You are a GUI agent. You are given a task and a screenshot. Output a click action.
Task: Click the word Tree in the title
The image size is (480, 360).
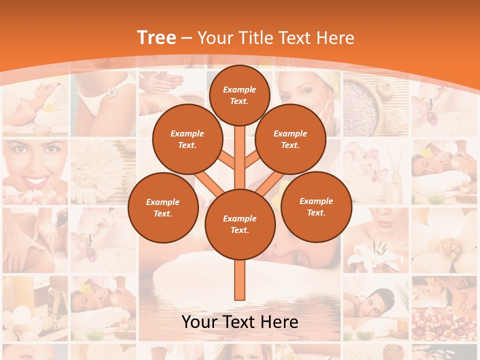(x=156, y=37)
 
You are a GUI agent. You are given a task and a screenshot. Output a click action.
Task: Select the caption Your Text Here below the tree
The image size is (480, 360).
(x=239, y=322)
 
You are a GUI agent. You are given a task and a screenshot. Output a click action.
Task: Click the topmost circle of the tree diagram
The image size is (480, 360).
(x=239, y=95)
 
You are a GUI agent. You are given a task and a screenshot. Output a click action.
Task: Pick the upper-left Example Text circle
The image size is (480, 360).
(x=187, y=139)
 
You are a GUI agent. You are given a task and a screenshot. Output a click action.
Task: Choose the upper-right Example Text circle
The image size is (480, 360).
(x=290, y=139)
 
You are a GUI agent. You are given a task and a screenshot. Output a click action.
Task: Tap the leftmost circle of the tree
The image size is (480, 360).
(x=163, y=207)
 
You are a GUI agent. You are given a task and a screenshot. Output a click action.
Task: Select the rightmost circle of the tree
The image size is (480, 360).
(x=316, y=206)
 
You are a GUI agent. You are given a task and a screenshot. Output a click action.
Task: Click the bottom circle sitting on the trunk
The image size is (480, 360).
(x=239, y=224)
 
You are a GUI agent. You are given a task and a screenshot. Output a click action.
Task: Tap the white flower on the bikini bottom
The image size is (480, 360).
(x=111, y=92)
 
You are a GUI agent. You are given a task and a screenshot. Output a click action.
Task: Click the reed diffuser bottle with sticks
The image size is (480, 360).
(x=396, y=175)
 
